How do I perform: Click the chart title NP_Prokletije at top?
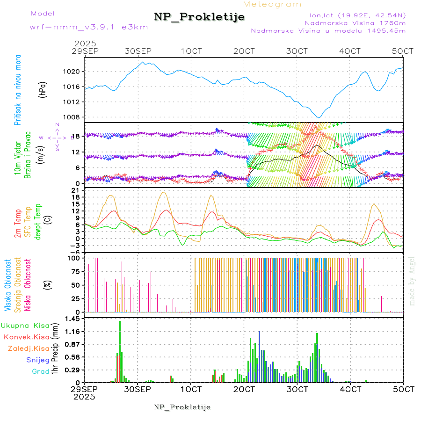click(199, 17)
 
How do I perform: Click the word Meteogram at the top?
click(272, 4)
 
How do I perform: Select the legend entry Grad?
click(41, 371)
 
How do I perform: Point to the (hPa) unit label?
click(43, 89)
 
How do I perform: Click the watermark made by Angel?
click(412, 281)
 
